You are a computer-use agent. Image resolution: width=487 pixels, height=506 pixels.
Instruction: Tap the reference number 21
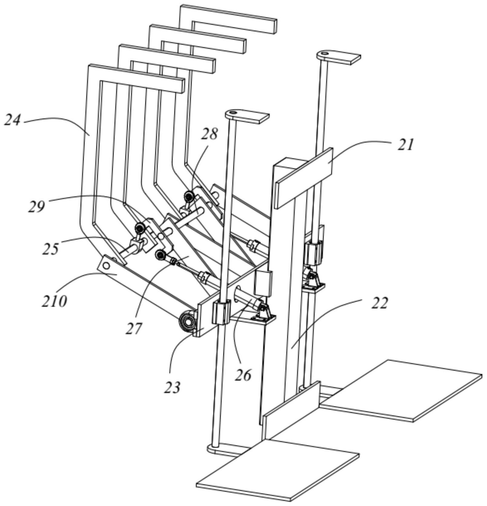point(405,145)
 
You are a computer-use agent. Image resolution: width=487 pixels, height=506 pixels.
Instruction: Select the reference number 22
point(379,303)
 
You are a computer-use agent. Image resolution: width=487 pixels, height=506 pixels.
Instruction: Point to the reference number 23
point(172,387)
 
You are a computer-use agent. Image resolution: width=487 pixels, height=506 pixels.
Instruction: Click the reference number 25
point(51,249)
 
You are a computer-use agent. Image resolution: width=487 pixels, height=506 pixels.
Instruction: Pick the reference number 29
point(37,207)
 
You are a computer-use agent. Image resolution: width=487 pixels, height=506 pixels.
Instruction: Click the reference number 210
point(54,301)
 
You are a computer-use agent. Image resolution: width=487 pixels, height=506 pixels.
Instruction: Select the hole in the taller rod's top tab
point(324,54)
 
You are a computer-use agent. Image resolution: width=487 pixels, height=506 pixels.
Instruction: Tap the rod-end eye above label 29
point(139,228)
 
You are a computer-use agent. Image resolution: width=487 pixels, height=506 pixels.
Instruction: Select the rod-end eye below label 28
point(190,197)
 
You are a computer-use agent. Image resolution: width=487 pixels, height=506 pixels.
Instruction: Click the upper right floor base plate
point(402,390)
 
